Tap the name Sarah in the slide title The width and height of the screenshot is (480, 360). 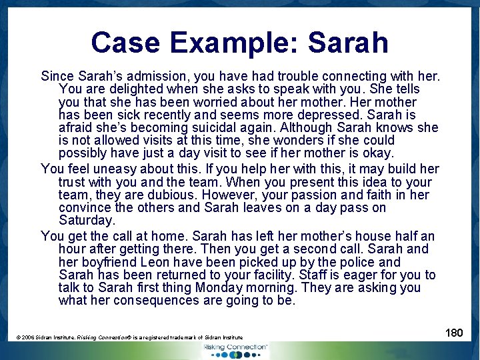349,42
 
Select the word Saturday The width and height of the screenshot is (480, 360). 87,221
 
